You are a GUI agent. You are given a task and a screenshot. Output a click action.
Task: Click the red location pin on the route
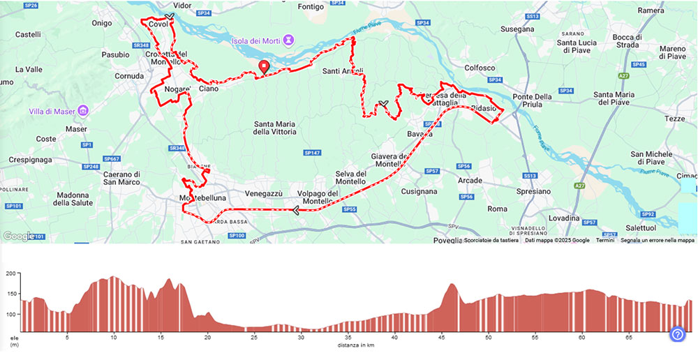coord(264,67)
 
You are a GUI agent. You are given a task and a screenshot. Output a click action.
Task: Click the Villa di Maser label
coord(53,111)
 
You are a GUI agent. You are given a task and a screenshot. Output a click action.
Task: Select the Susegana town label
coord(517,29)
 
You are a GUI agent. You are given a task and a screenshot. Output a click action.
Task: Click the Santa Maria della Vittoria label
coord(275,127)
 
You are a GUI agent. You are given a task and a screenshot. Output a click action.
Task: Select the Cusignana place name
coord(419,191)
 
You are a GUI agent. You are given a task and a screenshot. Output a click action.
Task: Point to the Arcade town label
coord(470,181)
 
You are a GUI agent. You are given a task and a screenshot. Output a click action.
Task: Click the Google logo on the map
coord(18,236)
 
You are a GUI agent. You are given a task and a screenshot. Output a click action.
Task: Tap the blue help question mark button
coord(677,334)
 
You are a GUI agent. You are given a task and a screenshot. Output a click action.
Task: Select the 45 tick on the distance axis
coord(441,337)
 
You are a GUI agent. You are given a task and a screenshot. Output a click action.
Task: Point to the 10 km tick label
coord(113,337)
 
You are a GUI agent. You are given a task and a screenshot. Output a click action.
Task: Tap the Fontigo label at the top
coord(311,7)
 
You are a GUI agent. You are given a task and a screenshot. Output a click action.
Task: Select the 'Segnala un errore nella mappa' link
coord(658,240)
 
